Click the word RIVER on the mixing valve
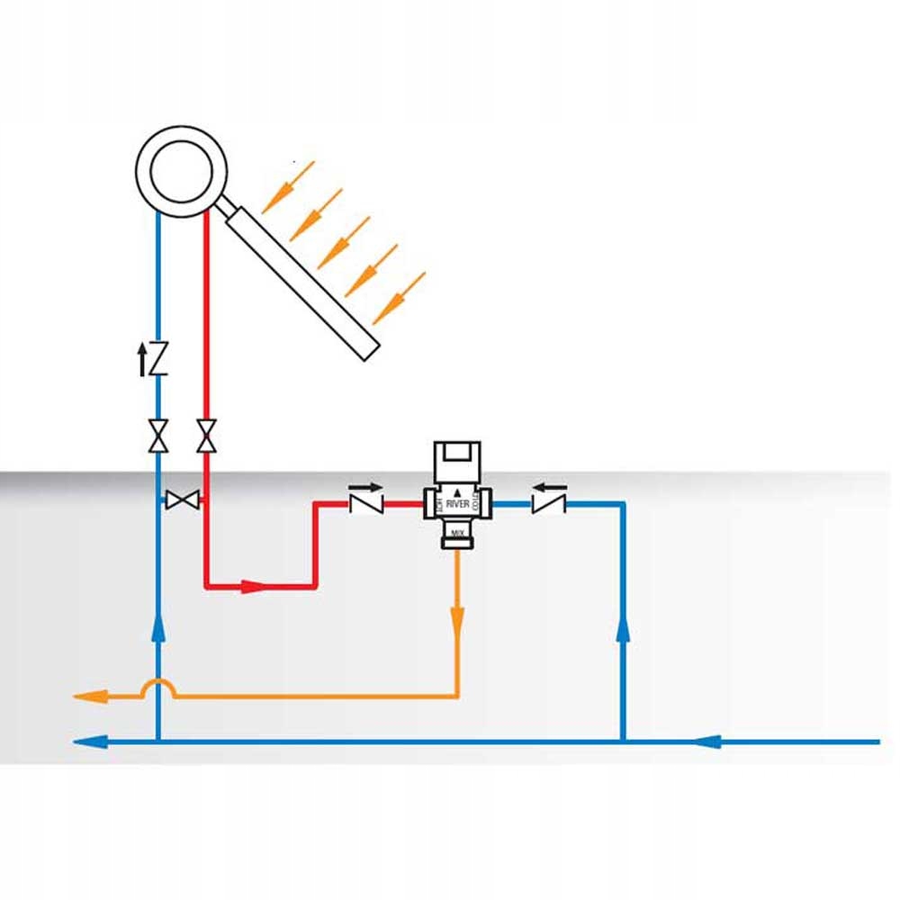(x=457, y=506)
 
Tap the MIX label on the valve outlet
(x=457, y=533)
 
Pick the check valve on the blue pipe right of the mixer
(x=547, y=504)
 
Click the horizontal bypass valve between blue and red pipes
(x=184, y=500)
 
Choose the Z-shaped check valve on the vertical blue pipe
(x=159, y=360)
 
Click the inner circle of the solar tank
(x=181, y=172)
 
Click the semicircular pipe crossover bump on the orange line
(x=159, y=687)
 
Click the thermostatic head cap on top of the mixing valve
(x=457, y=461)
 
